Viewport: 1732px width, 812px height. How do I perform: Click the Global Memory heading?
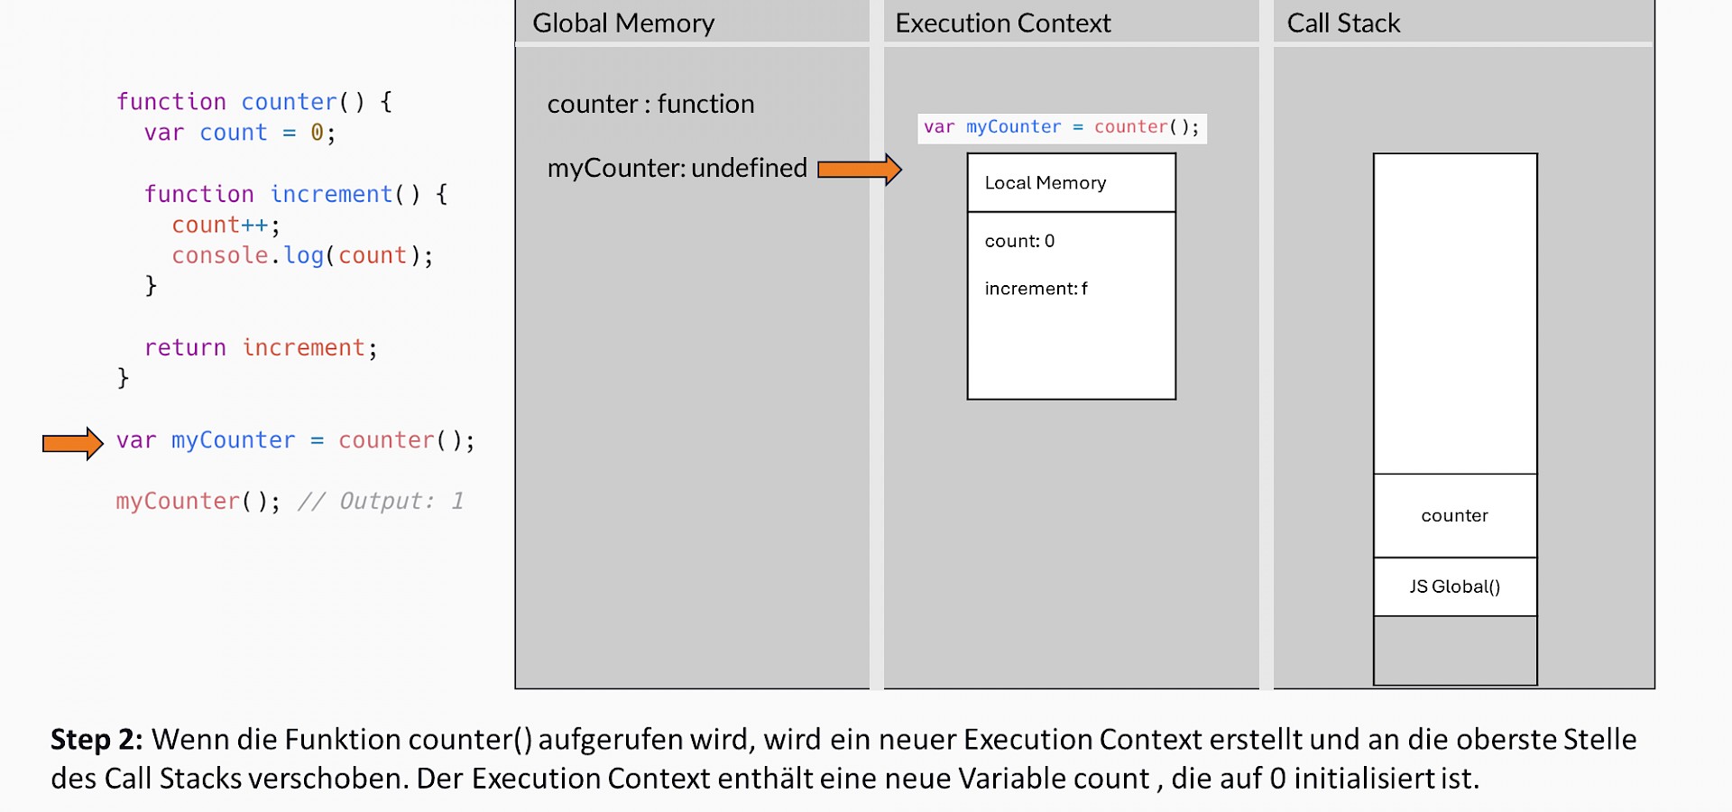tap(623, 23)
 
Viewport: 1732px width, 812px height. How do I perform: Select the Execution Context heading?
tap(1002, 23)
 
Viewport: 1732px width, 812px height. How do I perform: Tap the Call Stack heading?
tap(1342, 23)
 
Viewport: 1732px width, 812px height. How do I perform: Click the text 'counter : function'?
tap(650, 104)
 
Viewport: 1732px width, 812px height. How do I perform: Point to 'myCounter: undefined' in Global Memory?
tap(677, 168)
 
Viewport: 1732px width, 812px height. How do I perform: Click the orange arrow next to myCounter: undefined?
tap(859, 169)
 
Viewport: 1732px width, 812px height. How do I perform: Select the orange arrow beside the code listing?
tap(72, 443)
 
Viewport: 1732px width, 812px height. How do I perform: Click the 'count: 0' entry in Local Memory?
tap(1019, 241)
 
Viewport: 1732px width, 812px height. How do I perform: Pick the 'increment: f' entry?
tap(1036, 289)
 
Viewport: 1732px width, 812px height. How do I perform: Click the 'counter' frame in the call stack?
tap(1454, 515)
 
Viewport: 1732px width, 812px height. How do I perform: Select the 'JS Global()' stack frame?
tap(1454, 586)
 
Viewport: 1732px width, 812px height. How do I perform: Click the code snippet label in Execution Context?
tap(1061, 127)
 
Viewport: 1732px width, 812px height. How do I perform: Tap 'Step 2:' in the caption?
tap(97, 739)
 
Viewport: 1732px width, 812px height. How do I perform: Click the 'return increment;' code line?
tap(261, 347)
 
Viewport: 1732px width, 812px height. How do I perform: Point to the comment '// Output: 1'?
tap(381, 501)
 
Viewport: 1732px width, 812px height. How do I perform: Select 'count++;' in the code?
tap(226, 225)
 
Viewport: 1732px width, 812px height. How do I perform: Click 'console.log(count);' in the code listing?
tap(302, 255)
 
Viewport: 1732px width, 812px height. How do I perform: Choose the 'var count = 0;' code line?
tap(240, 133)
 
